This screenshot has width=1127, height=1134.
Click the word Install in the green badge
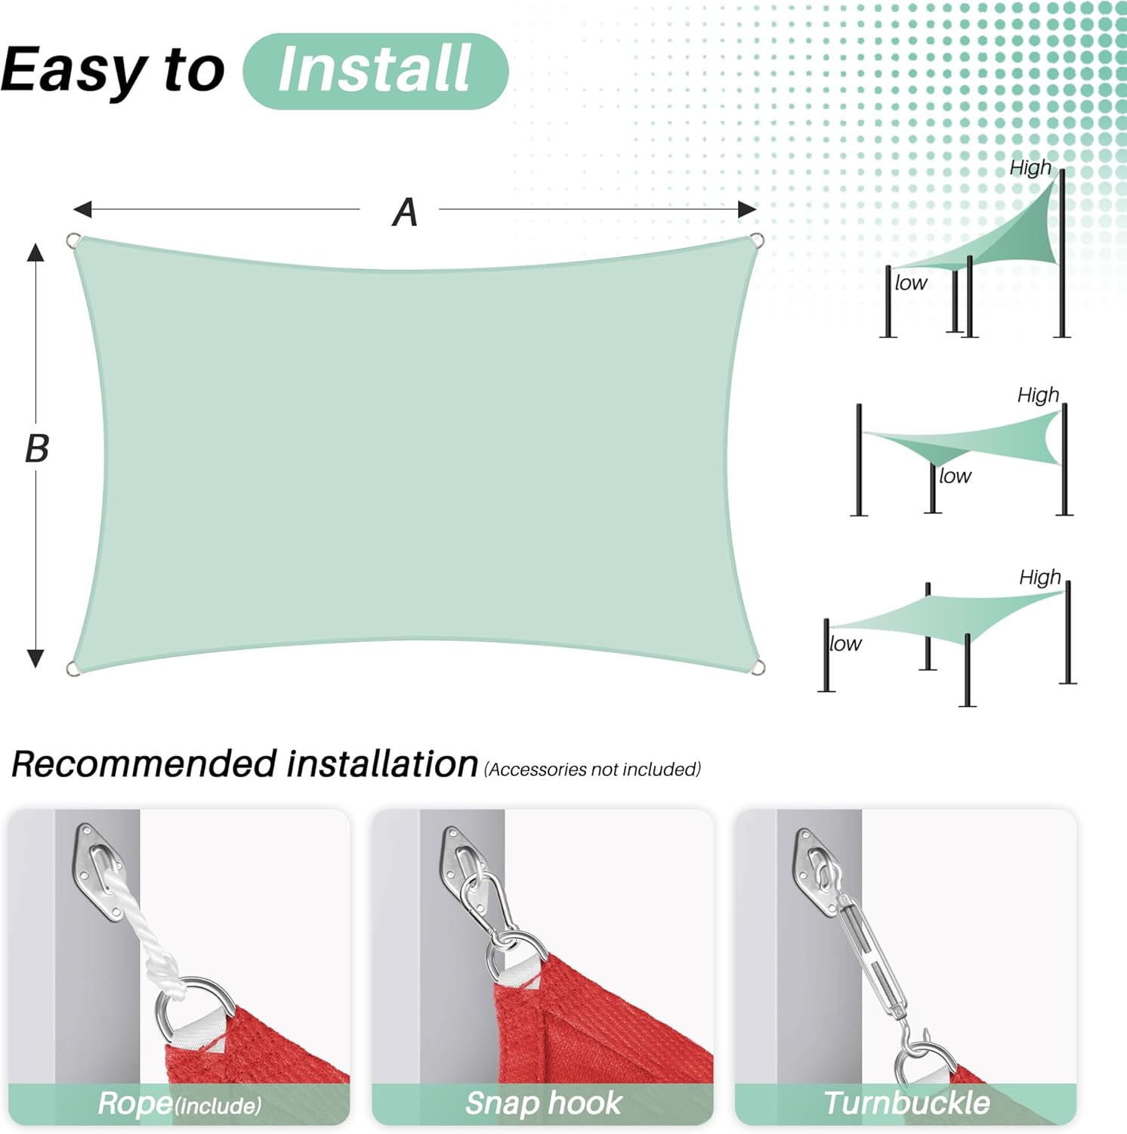(375, 69)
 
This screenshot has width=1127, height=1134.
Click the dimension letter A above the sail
(405, 212)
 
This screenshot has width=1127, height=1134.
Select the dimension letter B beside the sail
(37, 448)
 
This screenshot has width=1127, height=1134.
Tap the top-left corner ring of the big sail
(73, 241)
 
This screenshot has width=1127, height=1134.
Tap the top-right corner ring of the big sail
(757, 240)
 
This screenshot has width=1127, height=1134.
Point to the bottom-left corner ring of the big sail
(73, 669)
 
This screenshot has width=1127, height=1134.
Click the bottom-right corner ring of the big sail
(758, 668)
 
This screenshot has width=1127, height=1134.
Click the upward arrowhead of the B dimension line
(36, 252)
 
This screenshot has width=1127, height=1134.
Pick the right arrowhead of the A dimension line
(746, 209)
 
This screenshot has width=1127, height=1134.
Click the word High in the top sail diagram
(1030, 168)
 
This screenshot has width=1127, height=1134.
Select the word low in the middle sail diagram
(955, 476)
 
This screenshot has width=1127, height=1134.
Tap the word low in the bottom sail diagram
(844, 643)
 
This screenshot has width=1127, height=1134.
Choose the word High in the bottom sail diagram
(1039, 578)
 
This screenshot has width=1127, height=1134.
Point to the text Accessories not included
(592, 770)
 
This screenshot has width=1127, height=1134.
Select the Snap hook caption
(544, 1103)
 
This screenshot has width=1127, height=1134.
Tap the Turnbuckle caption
(906, 1103)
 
